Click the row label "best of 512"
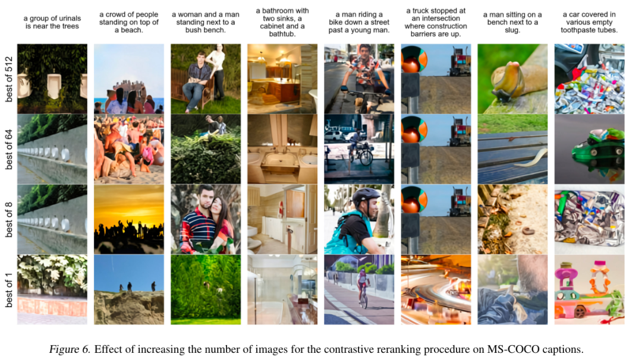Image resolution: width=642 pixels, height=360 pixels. coord(9,78)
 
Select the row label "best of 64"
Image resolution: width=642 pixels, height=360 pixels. coord(9,149)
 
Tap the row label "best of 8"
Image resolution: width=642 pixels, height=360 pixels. coord(9,219)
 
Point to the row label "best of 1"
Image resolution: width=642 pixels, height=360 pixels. coord(9,289)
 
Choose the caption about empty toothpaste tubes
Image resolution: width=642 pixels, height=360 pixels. coord(588,22)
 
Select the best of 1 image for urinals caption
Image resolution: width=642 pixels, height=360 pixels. coord(52,289)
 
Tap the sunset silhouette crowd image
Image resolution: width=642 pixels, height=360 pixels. coord(128,219)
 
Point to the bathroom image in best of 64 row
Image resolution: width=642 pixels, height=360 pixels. coord(282,149)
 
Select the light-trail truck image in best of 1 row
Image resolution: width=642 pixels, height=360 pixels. coord(435,289)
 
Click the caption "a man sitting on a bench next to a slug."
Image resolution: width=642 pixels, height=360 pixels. coord(512,22)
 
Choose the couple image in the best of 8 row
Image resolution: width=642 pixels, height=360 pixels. coord(205,219)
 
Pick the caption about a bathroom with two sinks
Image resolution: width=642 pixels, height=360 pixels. coord(282,22)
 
